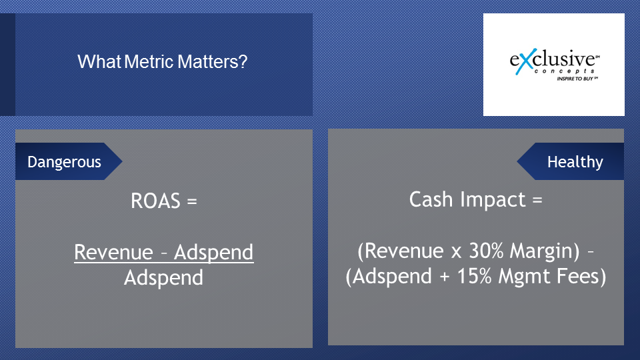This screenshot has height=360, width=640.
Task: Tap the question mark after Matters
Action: click(x=243, y=61)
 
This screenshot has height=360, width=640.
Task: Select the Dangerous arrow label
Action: click(x=69, y=161)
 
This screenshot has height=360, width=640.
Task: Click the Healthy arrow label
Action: click(x=571, y=161)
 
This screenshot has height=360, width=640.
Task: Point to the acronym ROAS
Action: click(x=155, y=201)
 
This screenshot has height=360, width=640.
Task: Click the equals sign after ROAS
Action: click(x=192, y=201)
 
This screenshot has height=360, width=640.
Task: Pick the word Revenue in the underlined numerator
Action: click(x=113, y=252)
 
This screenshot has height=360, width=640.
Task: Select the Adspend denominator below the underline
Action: click(x=164, y=278)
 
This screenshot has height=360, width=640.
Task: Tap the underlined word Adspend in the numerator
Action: click(x=214, y=252)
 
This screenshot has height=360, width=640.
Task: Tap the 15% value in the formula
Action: click(x=474, y=276)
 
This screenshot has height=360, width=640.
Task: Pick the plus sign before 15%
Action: click(x=445, y=277)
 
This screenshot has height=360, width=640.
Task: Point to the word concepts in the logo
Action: click(x=565, y=71)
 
